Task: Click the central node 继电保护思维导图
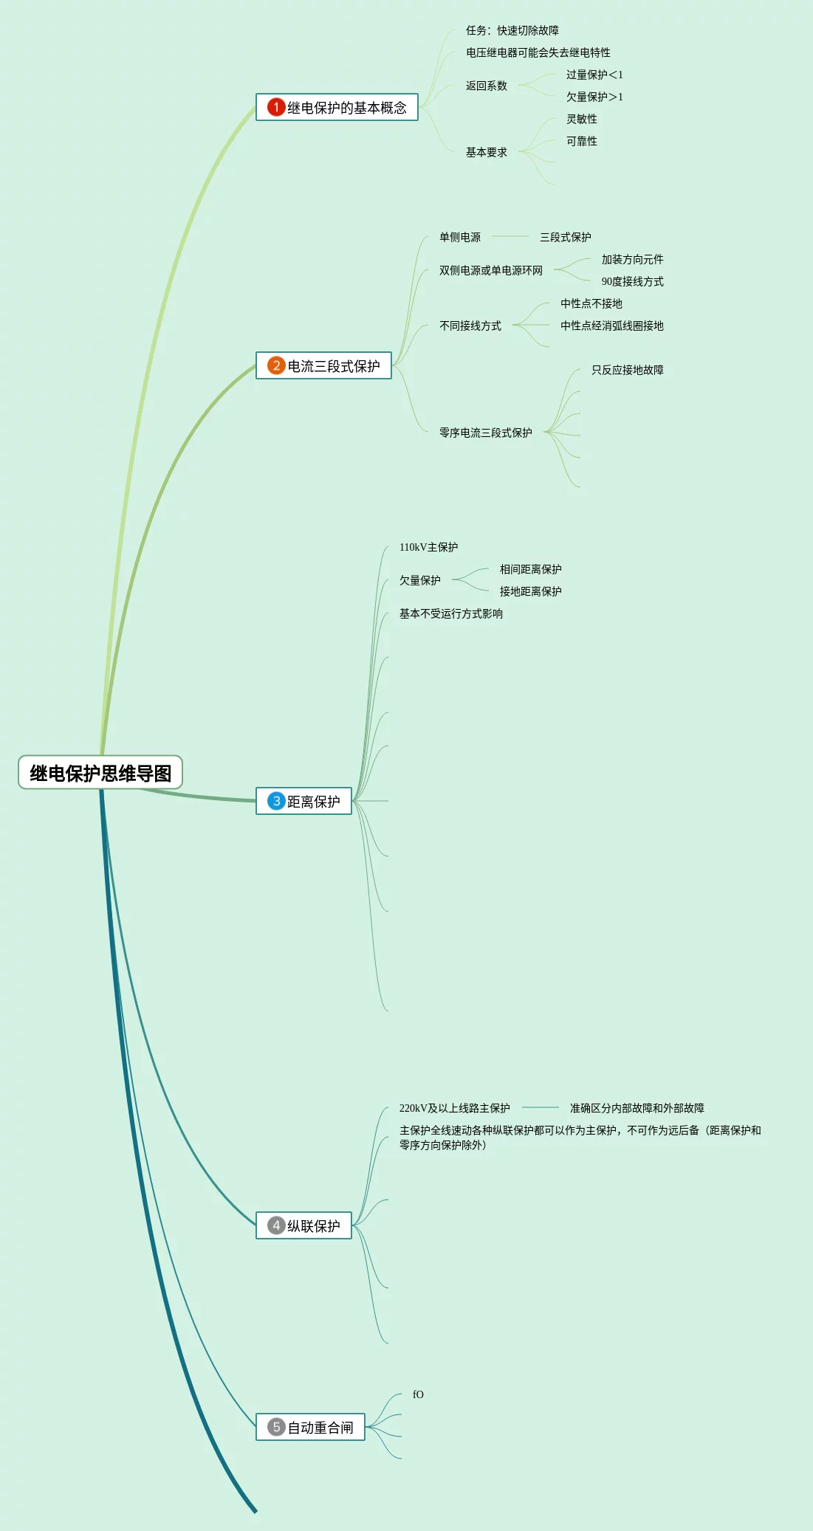pyautogui.click(x=100, y=773)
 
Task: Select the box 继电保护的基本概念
pyautogui.click(x=337, y=108)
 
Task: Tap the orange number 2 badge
pyautogui.click(x=276, y=365)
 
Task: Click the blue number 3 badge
pyautogui.click(x=276, y=801)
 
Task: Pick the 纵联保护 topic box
pyautogui.click(x=304, y=1225)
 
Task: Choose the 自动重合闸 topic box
pyautogui.click(x=311, y=1427)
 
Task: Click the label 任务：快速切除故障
pyautogui.click(x=512, y=30)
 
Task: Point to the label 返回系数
pyautogui.click(x=486, y=86)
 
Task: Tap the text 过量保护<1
pyautogui.click(x=594, y=75)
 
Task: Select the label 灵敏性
pyautogui.click(x=581, y=119)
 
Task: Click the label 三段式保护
pyautogui.click(x=565, y=237)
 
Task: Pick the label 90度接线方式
pyautogui.click(x=632, y=281)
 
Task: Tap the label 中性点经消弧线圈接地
pyautogui.click(x=611, y=326)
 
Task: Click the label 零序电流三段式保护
pyautogui.click(x=485, y=433)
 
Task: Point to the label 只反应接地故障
pyautogui.click(x=627, y=370)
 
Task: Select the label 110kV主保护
pyautogui.click(x=428, y=547)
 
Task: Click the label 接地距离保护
pyautogui.click(x=530, y=591)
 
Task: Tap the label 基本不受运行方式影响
pyautogui.click(x=450, y=613)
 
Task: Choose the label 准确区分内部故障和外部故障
pyautogui.click(x=637, y=1108)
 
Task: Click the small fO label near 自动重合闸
pyautogui.click(x=418, y=1394)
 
